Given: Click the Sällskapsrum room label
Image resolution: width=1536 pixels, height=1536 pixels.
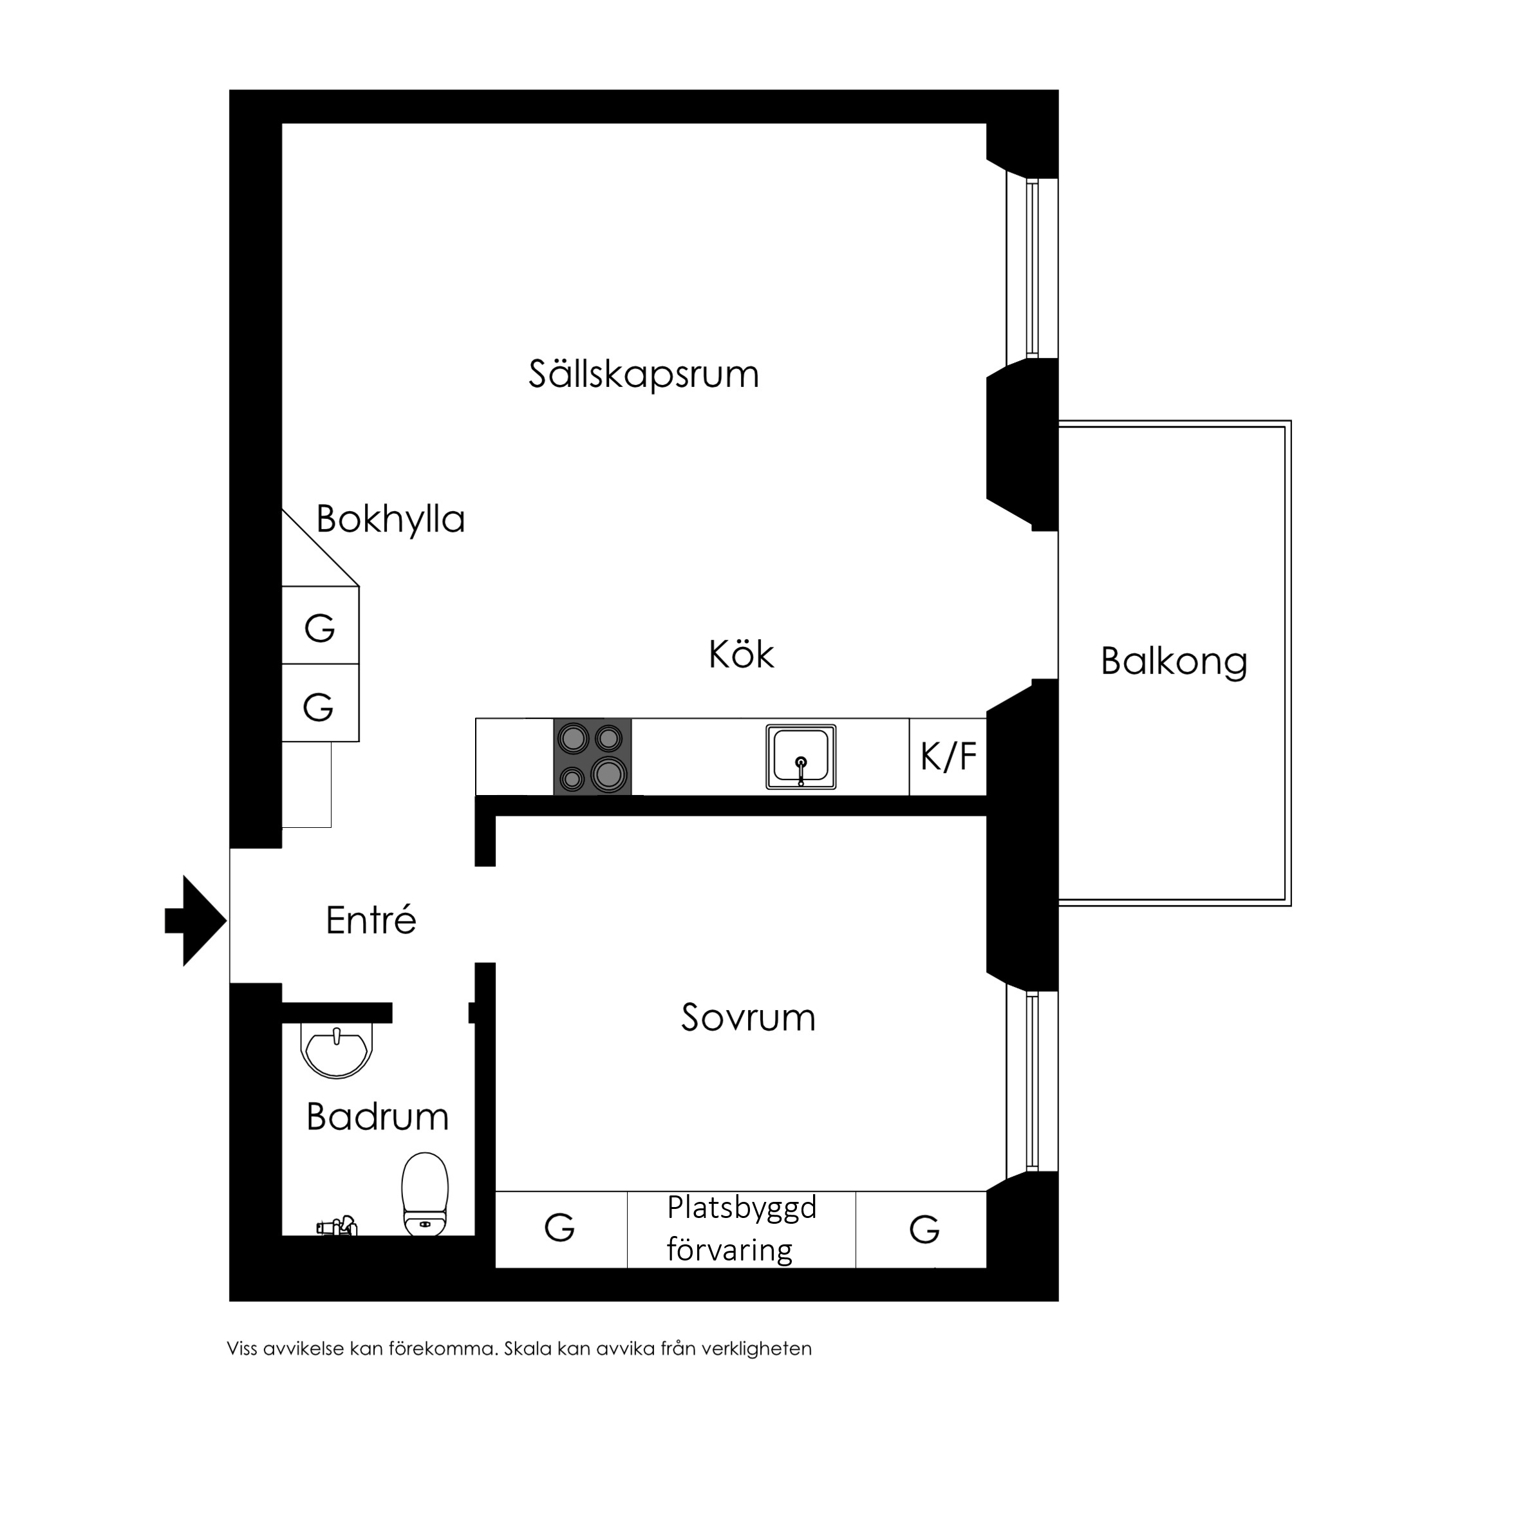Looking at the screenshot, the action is pos(644,373).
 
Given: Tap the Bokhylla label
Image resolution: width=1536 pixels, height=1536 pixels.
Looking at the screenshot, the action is pos(390,519).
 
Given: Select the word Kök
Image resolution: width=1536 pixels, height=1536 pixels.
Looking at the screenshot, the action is pos(741,653).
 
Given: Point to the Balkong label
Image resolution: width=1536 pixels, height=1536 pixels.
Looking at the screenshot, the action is pos(1174,662).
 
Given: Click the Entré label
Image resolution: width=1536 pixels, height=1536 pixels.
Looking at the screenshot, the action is pos(371,919).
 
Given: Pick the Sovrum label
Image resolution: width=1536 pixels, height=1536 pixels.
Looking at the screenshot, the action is pos(748,1018).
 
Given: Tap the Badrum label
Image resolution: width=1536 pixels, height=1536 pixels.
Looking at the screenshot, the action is pos(378,1116).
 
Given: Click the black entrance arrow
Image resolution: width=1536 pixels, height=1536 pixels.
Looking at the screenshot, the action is pos(196,921).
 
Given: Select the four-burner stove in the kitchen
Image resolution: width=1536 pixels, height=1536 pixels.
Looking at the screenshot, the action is pos(592,756).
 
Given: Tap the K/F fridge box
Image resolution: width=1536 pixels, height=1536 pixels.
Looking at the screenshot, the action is pos(948,756).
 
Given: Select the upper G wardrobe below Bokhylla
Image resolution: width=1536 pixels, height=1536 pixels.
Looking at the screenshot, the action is pos(321,625).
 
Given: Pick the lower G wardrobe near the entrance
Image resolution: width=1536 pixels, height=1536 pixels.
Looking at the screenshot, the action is pos(321,703).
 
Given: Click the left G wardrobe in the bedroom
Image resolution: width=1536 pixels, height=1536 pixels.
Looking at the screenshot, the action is pos(561,1228).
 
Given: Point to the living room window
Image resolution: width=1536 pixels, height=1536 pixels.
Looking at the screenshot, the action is pos(1032,268).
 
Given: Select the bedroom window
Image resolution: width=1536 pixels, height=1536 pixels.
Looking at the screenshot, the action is pos(1032,1082).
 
